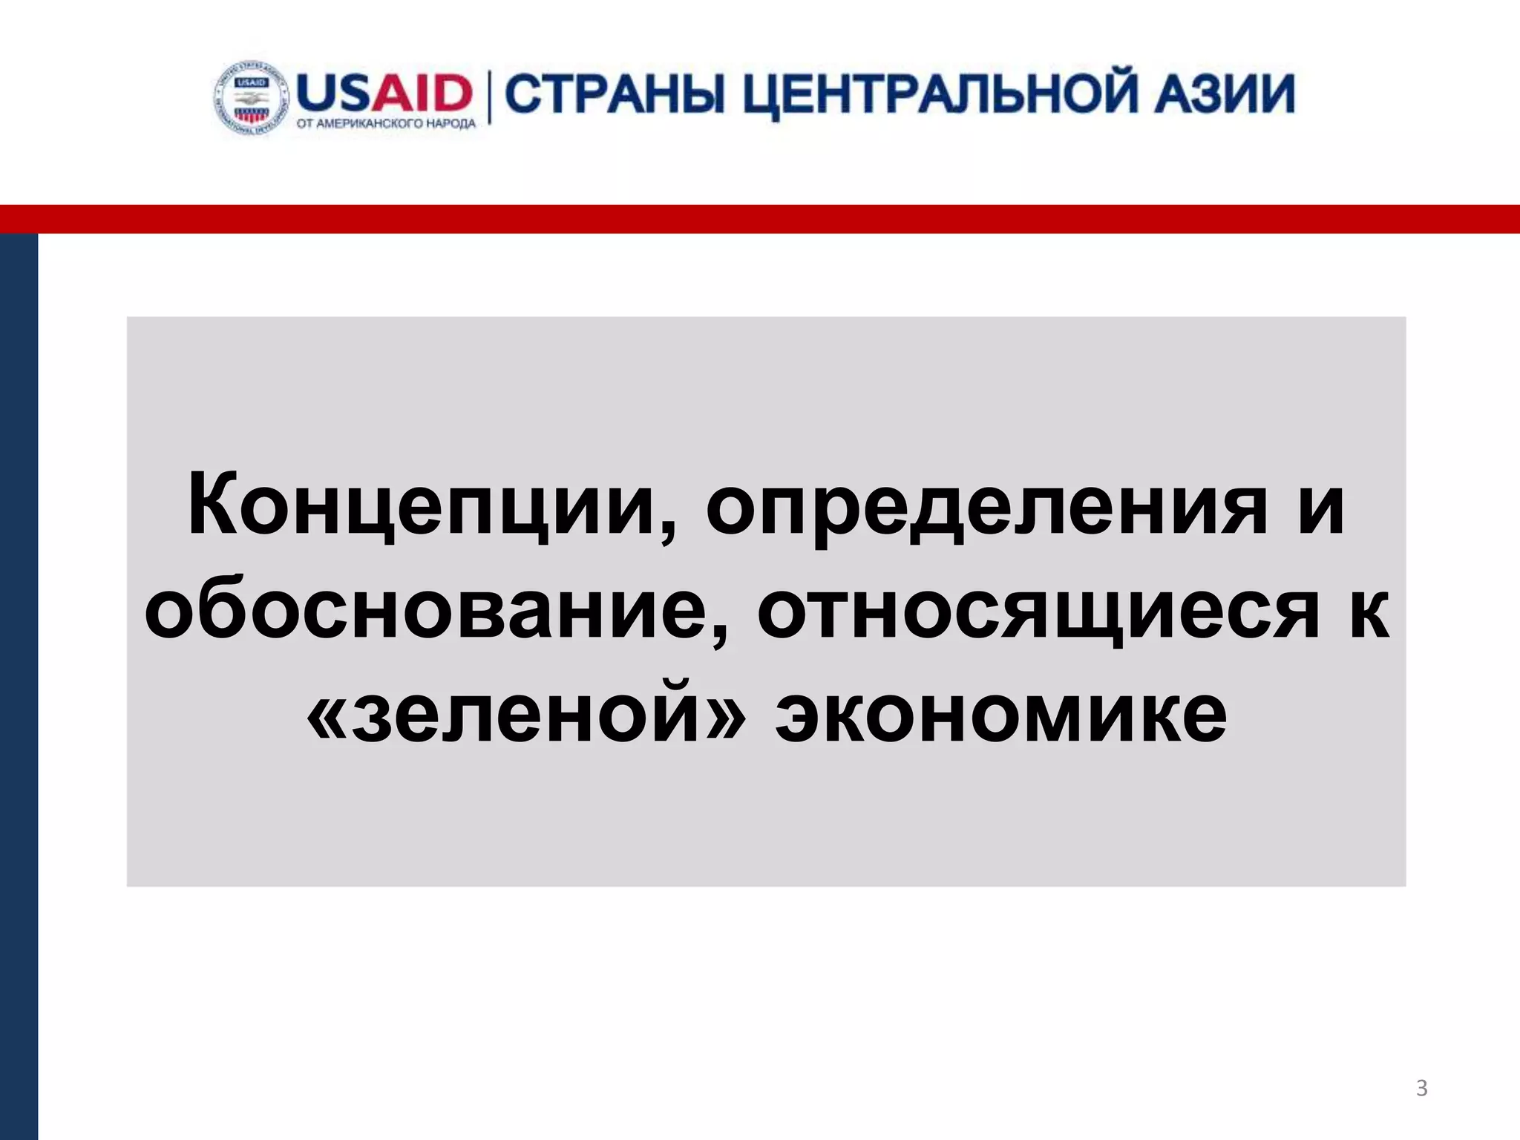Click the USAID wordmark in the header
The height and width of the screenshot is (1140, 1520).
coord(384,93)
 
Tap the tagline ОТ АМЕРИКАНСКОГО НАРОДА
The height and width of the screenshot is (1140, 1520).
coord(386,124)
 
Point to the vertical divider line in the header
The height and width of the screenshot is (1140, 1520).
coord(489,96)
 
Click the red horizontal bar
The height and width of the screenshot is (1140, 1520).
coord(760,219)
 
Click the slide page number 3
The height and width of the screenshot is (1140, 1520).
coord(1421,1087)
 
